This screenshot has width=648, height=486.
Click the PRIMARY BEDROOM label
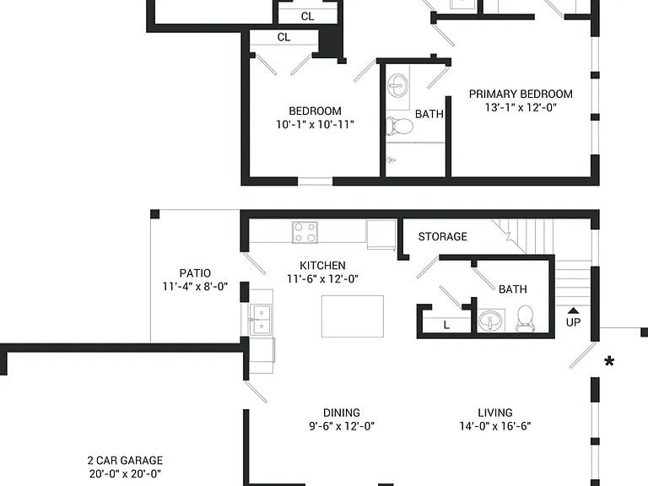pyautogui.click(x=521, y=94)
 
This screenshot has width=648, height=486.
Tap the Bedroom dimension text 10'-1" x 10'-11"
pyautogui.click(x=315, y=124)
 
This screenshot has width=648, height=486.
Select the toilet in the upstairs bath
pyautogui.click(x=400, y=126)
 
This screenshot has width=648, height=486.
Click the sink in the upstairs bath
pyautogui.click(x=397, y=86)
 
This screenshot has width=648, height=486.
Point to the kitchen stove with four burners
pyautogui.click(x=305, y=232)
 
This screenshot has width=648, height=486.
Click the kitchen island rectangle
pyautogui.click(x=353, y=316)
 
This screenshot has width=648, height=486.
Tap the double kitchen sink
pyautogui.click(x=262, y=320)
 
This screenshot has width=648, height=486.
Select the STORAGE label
pyautogui.click(x=443, y=237)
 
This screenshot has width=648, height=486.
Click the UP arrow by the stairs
pyautogui.click(x=573, y=310)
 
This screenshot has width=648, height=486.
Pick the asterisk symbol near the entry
pyautogui.click(x=609, y=362)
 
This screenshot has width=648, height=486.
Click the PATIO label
pyautogui.click(x=195, y=273)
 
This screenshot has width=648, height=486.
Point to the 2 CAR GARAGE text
pyautogui.click(x=125, y=461)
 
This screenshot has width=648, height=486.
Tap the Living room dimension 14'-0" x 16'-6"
pyautogui.click(x=495, y=426)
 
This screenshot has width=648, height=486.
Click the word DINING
pyautogui.click(x=342, y=413)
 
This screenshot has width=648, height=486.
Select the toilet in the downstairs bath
pyautogui.click(x=526, y=318)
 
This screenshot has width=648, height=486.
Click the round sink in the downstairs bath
pyautogui.click(x=490, y=321)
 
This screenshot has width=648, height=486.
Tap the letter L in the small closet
pyautogui.click(x=446, y=325)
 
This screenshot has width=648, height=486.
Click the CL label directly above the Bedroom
pyautogui.click(x=283, y=37)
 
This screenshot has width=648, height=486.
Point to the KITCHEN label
pyautogui.click(x=322, y=265)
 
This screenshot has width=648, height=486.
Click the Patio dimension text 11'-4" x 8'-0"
pyautogui.click(x=195, y=286)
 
